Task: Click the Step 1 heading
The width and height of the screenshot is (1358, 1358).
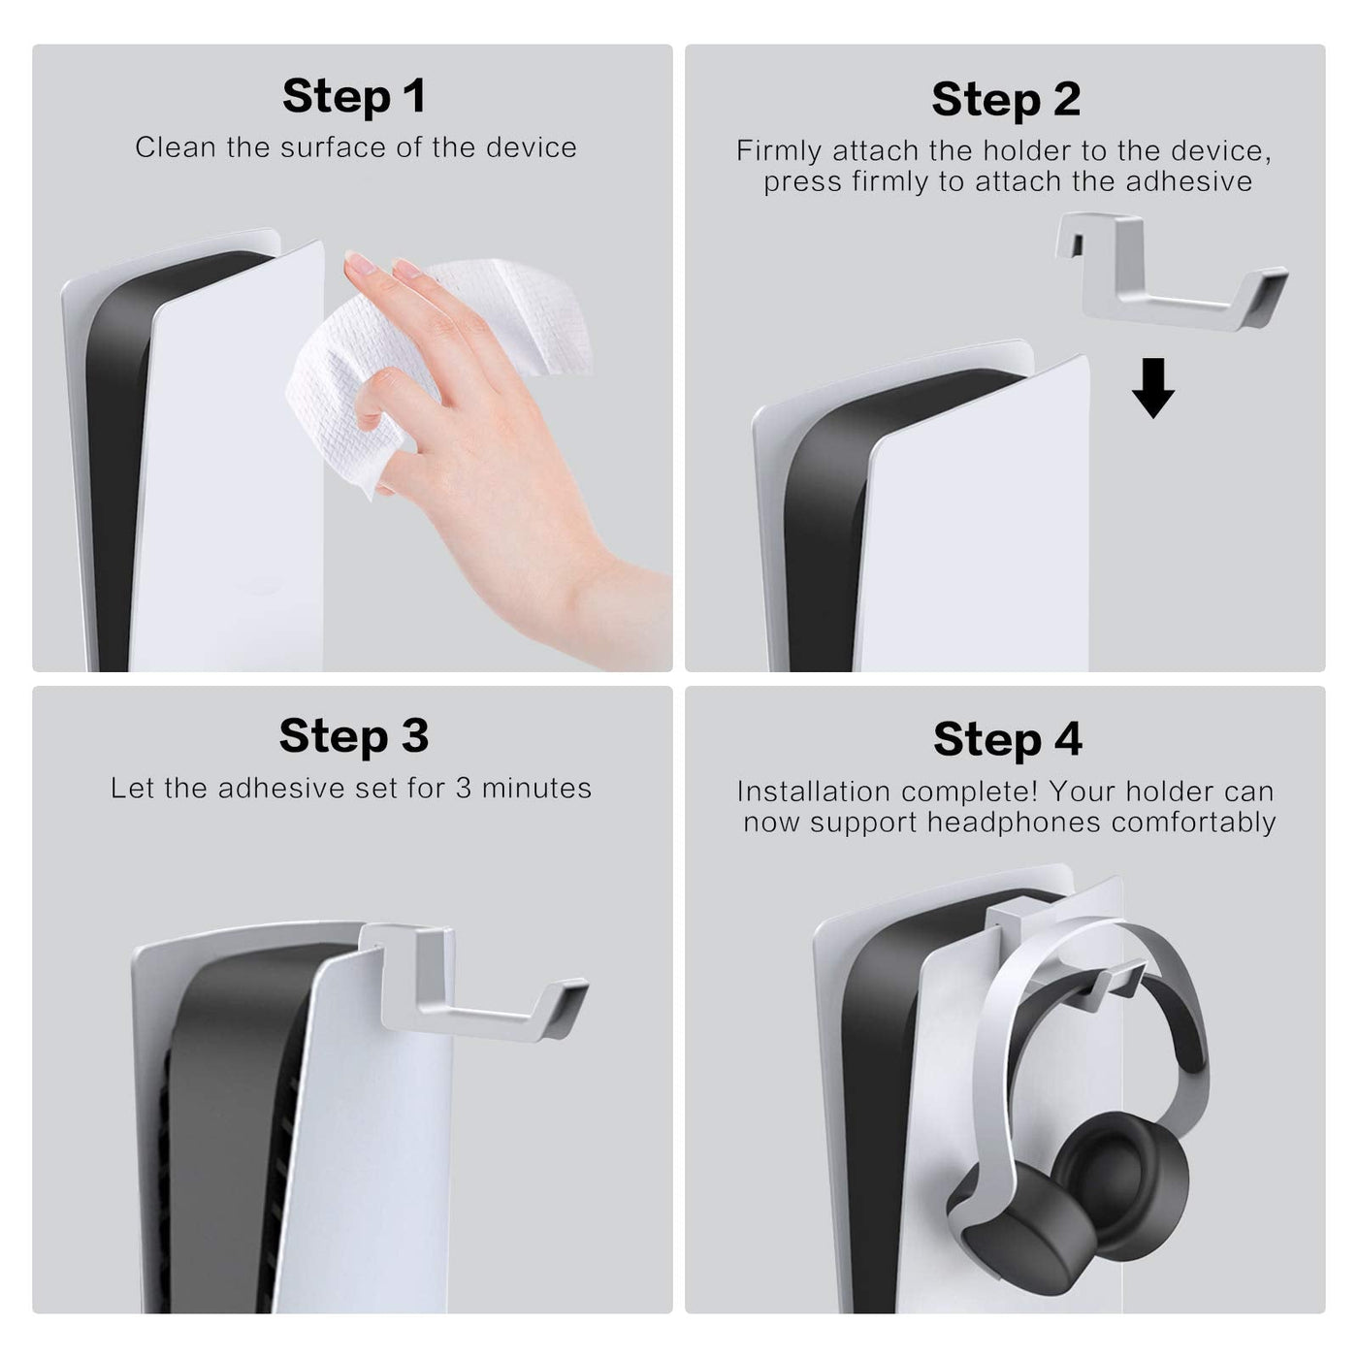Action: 354,97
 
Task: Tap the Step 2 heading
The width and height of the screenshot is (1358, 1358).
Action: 1006,99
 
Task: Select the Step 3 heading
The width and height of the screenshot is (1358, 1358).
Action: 354,735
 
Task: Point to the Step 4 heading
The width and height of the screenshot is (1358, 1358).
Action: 1008,739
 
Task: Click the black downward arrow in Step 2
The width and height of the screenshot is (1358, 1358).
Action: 1153,388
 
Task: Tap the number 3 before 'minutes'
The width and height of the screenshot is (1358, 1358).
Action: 463,788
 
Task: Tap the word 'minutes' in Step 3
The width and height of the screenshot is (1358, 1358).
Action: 536,788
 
